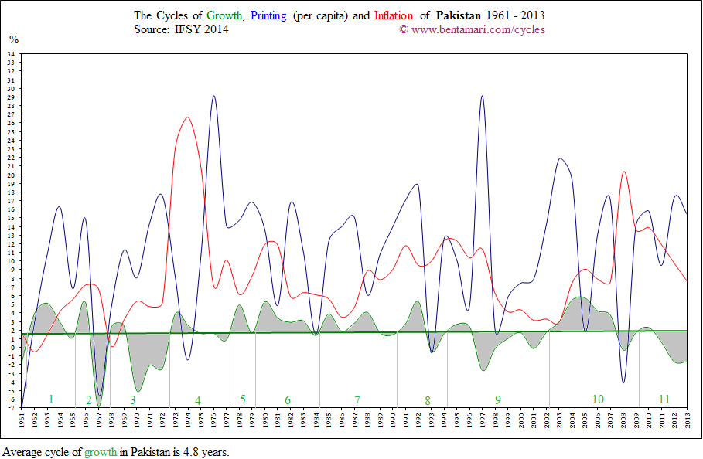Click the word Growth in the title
pos(224,15)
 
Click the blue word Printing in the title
pos(270,15)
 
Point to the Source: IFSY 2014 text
pos(181,29)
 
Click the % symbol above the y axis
pos(13,39)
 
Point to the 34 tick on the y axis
pos(11,54)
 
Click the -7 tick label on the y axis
pos(11,407)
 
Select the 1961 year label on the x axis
pos(23,421)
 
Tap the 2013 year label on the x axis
pos(688,421)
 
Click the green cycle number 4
pos(198,400)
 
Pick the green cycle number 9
pos(498,399)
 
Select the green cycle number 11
pos(664,399)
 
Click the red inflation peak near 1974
pos(189,117)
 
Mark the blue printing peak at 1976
pos(214,97)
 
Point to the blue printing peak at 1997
pos(483,97)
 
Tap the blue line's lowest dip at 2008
pos(624,382)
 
